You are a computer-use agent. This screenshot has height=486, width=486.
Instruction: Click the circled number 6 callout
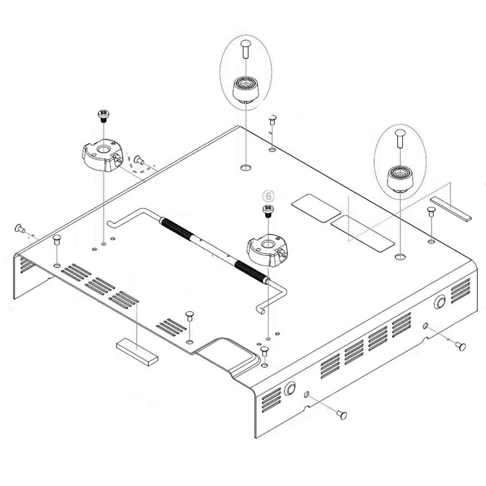click(x=268, y=196)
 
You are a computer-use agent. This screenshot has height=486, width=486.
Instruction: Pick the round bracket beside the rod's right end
click(x=267, y=249)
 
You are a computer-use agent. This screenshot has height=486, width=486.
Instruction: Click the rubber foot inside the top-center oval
click(x=246, y=89)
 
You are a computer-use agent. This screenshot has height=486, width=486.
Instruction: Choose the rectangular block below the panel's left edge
click(x=137, y=352)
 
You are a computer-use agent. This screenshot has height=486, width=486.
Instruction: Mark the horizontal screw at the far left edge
click(x=20, y=229)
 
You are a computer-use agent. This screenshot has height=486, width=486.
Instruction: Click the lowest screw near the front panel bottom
click(x=341, y=414)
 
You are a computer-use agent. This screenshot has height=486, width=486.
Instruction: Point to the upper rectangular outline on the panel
click(x=316, y=208)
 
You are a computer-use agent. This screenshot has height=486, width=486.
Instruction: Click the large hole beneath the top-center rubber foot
click(x=246, y=167)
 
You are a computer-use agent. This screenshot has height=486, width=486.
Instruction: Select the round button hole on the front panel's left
click(x=290, y=389)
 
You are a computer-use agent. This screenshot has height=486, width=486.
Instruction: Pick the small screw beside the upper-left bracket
click(x=139, y=159)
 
